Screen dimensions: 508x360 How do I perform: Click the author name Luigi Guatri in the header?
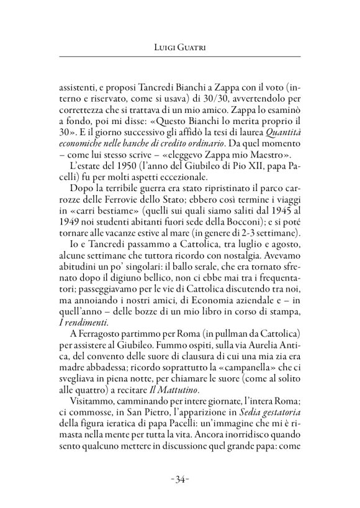click(x=180, y=47)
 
